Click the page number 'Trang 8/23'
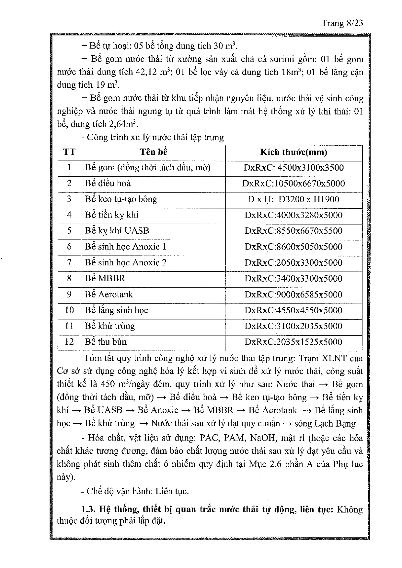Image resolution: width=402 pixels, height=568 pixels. [x=342, y=23]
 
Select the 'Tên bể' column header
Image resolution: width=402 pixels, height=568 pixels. [x=154, y=152]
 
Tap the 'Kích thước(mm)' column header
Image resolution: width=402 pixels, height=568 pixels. [x=293, y=152]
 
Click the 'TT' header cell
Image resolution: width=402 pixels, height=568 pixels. [x=69, y=152]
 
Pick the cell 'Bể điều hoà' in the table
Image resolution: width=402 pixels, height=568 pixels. [x=108, y=184]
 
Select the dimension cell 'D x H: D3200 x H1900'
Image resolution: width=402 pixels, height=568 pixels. [x=293, y=199]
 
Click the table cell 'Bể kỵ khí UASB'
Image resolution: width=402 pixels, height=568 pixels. [x=117, y=231]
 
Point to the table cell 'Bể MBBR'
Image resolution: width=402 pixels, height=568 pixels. [x=105, y=278]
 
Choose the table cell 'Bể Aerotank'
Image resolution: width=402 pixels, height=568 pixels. [x=109, y=294]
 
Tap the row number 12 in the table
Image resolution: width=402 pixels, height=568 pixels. [x=69, y=342]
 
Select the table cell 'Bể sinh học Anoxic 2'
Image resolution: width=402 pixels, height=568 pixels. [x=126, y=262]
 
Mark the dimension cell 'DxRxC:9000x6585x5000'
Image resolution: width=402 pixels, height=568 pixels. [x=293, y=295]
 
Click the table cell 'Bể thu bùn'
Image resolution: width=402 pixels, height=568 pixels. [x=106, y=342]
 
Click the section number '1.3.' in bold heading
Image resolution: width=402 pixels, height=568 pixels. [x=87, y=509]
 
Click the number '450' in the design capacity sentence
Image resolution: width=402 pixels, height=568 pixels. [x=108, y=384]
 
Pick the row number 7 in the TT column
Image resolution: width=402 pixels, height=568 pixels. [x=69, y=262]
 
